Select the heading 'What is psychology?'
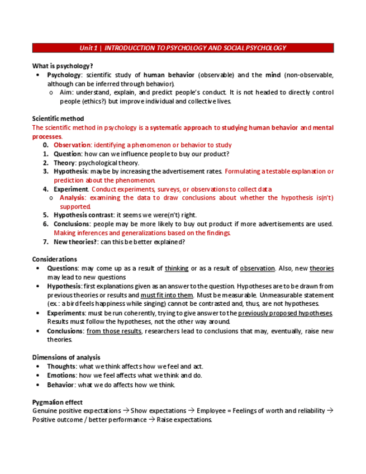(63, 66)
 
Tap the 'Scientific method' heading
(58, 118)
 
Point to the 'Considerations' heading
(55, 259)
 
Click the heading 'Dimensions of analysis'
(66, 357)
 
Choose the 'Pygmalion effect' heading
(58, 402)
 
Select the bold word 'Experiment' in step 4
(71, 189)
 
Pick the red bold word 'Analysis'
(73, 198)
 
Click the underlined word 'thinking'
(177, 268)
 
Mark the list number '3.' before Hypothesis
(46, 172)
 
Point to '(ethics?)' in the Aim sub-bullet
(92, 101)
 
